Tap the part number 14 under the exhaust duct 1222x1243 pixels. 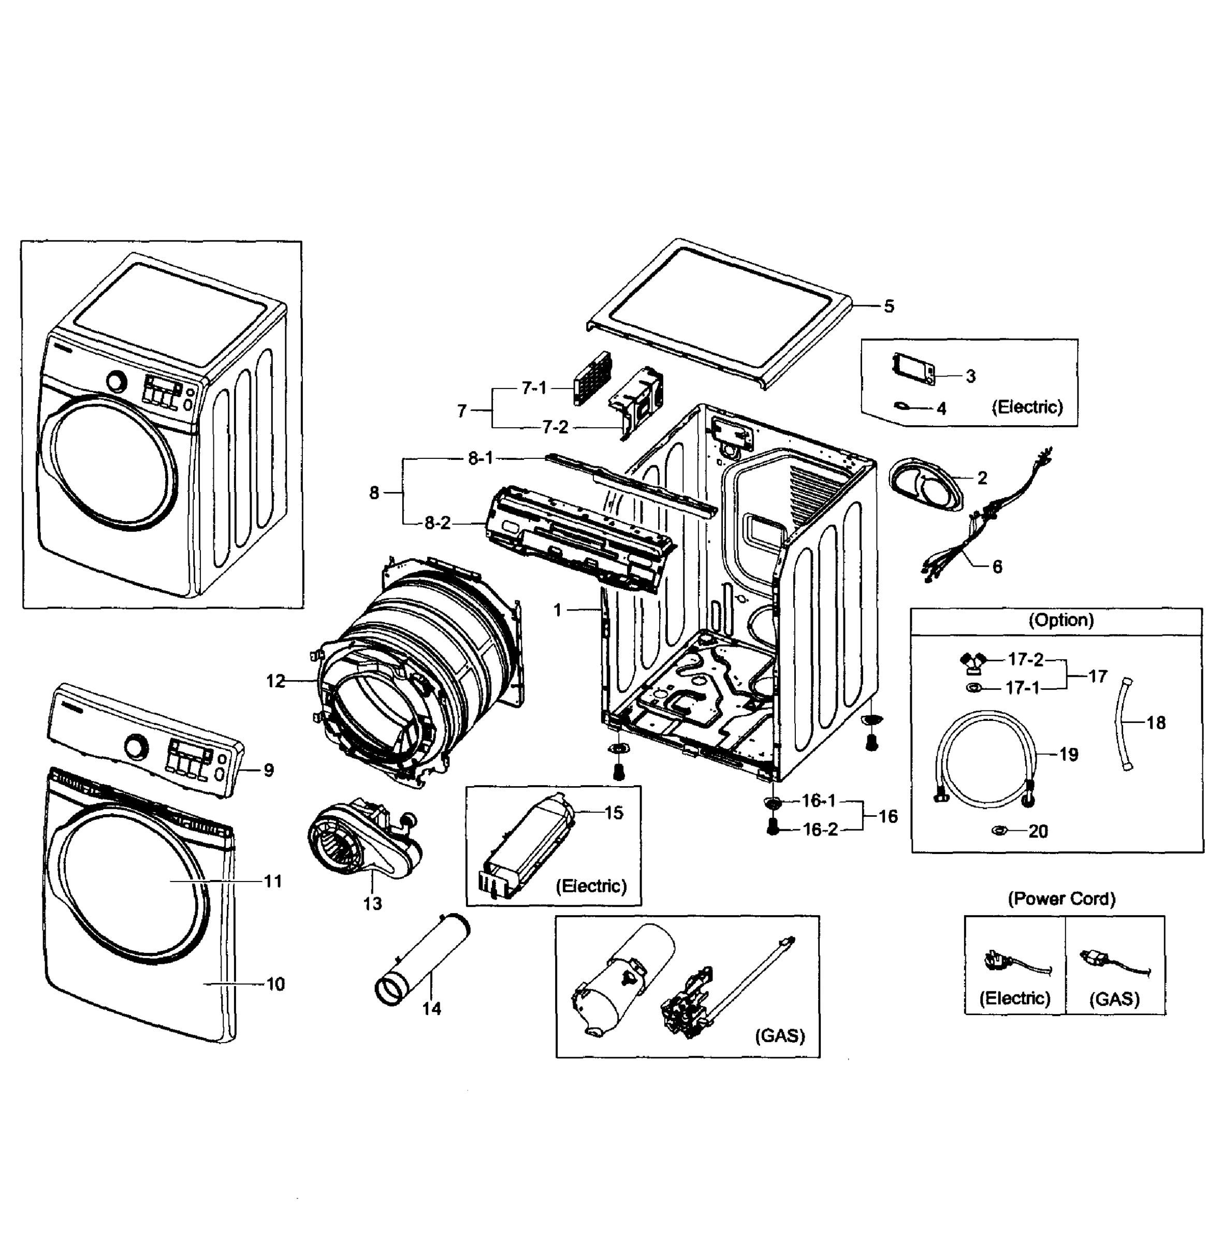coord(431,1009)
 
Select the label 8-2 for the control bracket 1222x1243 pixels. coord(438,523)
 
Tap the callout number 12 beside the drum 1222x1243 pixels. coord(275,681)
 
